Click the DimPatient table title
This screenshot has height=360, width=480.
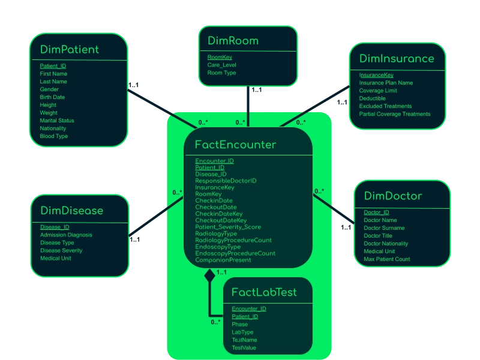(x=70, y=49)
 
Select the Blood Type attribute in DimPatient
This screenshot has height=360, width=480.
(x=54, y=136)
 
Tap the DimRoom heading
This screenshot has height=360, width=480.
(x=233, y=41)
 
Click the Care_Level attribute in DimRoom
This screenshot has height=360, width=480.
(x=221, y=65)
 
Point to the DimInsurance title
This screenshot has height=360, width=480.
(x=397, y=58)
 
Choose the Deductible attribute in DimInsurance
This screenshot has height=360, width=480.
(x=373, y=98)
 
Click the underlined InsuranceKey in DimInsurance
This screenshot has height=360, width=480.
(x=376, y=75)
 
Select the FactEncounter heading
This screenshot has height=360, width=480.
(x=235, y=145)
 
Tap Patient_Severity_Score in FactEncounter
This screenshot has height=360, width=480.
(x=228, y=227)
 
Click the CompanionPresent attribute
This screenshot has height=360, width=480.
(x=223, y=260)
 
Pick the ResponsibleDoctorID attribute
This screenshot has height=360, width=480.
(x=226, y=181)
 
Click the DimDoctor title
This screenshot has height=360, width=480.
(x=393, y=196)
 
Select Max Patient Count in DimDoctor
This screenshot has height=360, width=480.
(x=387, y=259)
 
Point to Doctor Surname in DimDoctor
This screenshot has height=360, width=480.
(x=385, y=228)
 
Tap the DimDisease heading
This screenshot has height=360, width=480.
(x=72, y=211)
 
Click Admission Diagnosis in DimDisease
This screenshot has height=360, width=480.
(x=66, y=235)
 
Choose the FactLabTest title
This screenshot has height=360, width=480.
(x=264, y=293)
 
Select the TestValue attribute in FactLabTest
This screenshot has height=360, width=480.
(x=244, y=347)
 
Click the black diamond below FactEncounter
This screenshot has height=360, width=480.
(x=209, y=275)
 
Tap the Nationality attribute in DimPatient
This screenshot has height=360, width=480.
(x=53, y=128)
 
